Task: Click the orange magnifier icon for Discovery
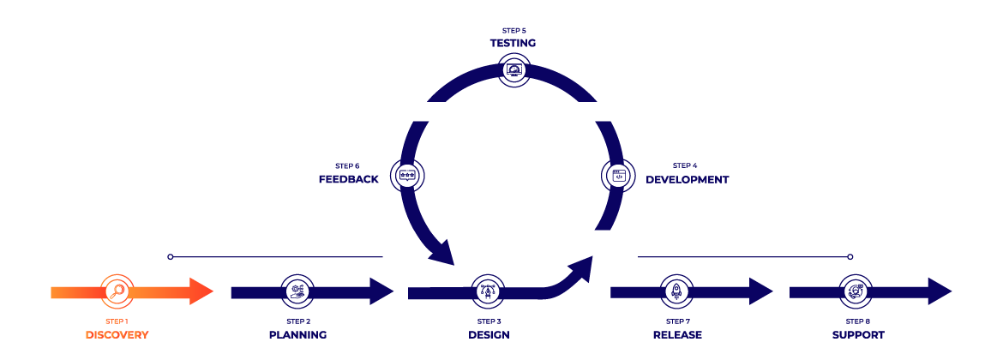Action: [x=117, y=291]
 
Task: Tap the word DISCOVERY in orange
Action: [x=117, y=334]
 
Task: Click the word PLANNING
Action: [x=297, y=334]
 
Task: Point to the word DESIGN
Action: [x=489, y=334]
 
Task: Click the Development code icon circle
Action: [x=617, y=175]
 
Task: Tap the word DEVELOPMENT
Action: [x=687, y=180]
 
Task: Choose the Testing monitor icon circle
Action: [x=514, y=69]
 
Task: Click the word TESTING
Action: [x=514, y=42]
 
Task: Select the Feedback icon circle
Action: [x=407, y=175]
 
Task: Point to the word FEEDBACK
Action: [x=348, y=180]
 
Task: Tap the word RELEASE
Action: [x=677, y=334]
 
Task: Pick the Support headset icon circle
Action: [x=856, y=291]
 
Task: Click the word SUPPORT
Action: [x=857, y=334]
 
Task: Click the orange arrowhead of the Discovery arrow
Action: [x=201, y=291]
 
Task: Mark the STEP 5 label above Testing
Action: [x=514, y=30]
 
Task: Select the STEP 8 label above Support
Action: [x=857, y=321]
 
